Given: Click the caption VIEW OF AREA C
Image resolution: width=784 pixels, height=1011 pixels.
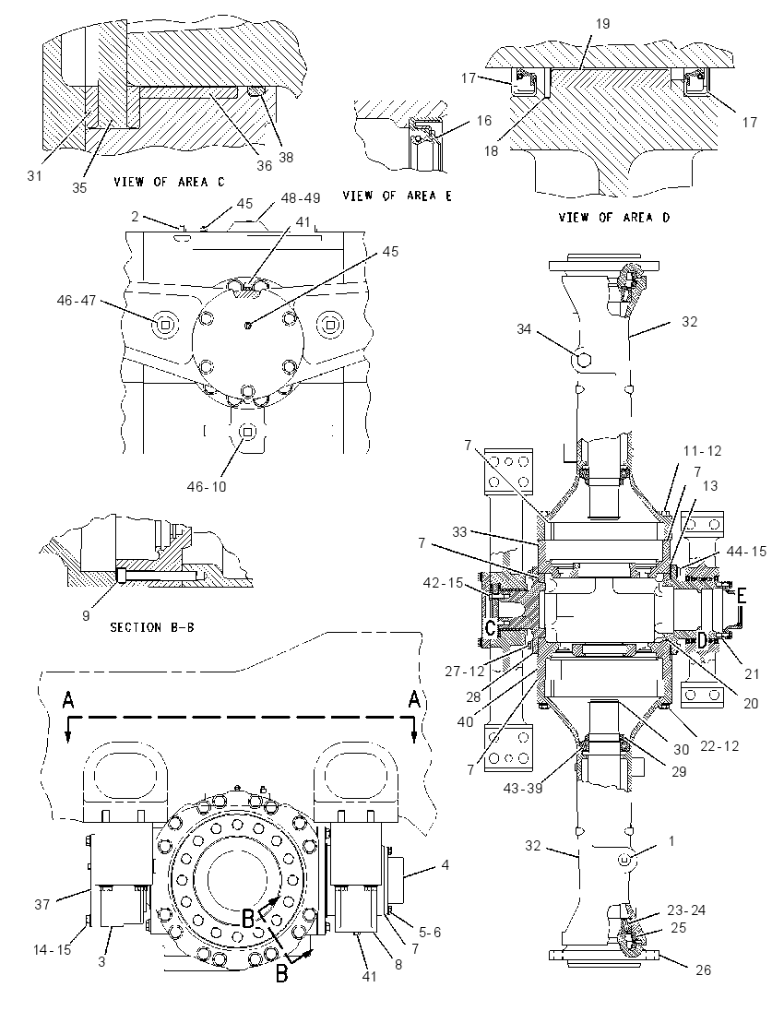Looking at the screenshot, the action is pyautogui.click(x=169, y=182).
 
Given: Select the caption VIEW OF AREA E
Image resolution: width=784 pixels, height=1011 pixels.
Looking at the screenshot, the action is pyautogui.click(x=397, y=196).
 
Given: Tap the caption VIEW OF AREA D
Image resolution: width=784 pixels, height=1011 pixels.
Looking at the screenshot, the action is pyautogui.click(x=613, y=218).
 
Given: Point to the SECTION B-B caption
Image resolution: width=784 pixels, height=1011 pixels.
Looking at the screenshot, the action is pyautogui.click(x=152, y=626).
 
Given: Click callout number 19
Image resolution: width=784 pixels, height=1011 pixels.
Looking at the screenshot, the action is pyautogui.click(x=602, y=25).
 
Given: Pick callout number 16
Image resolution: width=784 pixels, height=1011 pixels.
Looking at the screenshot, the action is pyautogui.click(x=483, y=121).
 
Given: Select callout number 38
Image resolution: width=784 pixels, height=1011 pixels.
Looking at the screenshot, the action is pyautogui.click(x=285, y=158).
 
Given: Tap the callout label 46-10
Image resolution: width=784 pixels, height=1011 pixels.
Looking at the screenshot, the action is pyautogui.click(x=207, y=487).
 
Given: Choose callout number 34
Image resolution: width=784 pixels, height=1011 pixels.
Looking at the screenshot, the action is pyautogui.click(x=524, y=329).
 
